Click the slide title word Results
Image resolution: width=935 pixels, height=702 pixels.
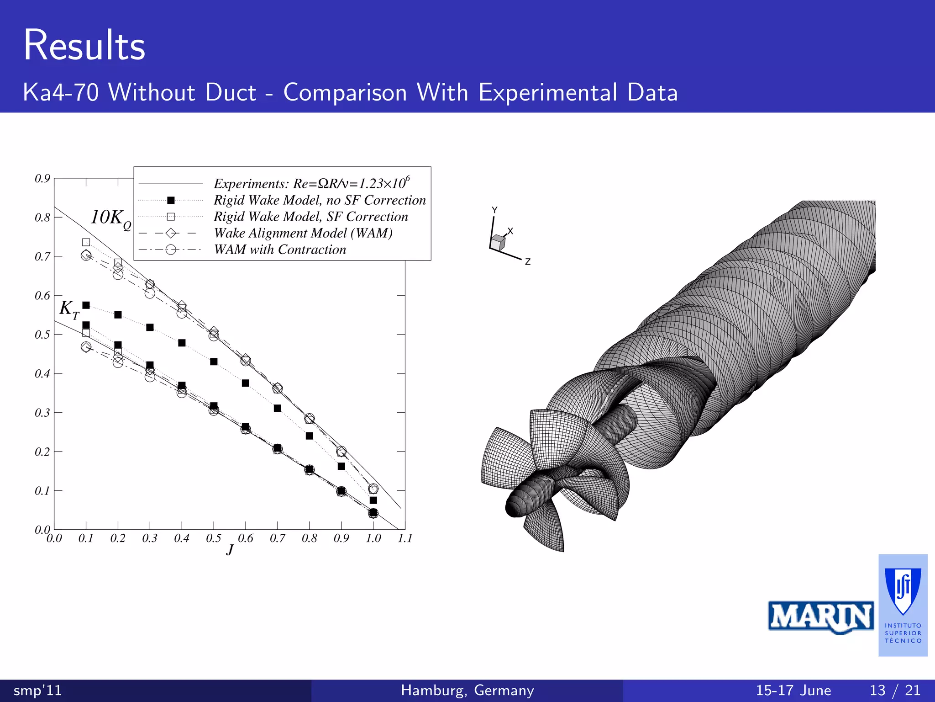pyautogui.click(x=84, y=45)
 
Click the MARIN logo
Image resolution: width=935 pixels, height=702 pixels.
pyautogui.click(x=821, y=617)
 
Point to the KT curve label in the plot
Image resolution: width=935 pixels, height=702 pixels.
pyautogui.click(x=69, y=309)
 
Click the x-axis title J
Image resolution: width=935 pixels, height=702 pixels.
pyautogui.click(x=230, y=549)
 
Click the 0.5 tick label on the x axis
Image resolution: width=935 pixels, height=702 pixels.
pyautogui.click(x=213, y=538)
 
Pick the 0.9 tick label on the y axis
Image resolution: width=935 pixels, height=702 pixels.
pyautogui.click(x=42, y=178)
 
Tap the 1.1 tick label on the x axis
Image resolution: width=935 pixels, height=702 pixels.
pyautogui.click(x=404, y=538)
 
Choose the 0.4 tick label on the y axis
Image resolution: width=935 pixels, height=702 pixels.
pyautogui.click(x=42, y=374)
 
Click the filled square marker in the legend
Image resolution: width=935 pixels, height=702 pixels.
pyautogui.click(x=171, y=200)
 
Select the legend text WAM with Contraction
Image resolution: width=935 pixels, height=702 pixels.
pyautogui.click(x=280, y=250)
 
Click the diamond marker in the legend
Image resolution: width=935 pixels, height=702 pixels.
pyautogui.click(x=171, y=233)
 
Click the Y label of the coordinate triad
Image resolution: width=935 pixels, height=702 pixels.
pyautogui.click(x=494, y=210)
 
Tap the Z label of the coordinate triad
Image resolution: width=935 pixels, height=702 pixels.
pyautogui.click(x=527, y=261)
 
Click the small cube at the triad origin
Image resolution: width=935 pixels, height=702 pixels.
pyautogui.click(x=498, y=242)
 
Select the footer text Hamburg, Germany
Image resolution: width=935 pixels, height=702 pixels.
pyautogui.click(x=467, y=690)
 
